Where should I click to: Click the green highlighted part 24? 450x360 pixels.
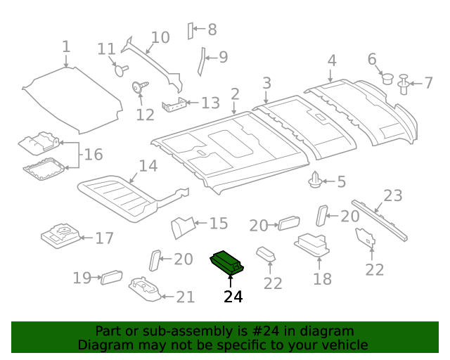coord(226,263)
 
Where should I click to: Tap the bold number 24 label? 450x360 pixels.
coord(233,297)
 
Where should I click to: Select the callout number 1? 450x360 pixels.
coord(66,47)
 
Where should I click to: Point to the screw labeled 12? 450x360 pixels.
coord(139,89)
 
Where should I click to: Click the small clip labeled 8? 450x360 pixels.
coord(190,30)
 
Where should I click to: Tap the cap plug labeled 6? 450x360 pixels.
coord(386,77)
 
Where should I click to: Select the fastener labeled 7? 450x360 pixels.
coord(404,84)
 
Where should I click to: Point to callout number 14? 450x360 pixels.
coord(148,167)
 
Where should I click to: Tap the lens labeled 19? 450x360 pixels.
coord(111,277)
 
